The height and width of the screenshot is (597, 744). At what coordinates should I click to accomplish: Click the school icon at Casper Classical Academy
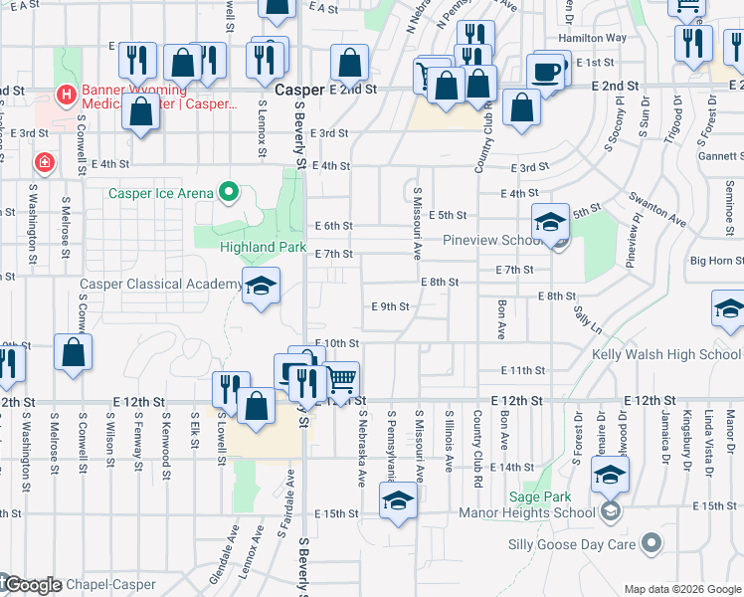261,288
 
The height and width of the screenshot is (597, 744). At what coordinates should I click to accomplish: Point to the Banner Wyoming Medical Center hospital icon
67,96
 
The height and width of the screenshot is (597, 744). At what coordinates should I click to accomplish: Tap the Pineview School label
491,241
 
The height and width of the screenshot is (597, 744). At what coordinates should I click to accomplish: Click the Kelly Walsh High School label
666,354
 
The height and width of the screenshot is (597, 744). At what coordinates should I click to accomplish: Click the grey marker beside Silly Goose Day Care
651,543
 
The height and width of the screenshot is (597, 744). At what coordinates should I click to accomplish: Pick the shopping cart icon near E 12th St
341,378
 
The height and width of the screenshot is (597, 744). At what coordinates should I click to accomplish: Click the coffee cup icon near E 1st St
545,72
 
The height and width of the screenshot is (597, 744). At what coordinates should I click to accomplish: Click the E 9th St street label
390,306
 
